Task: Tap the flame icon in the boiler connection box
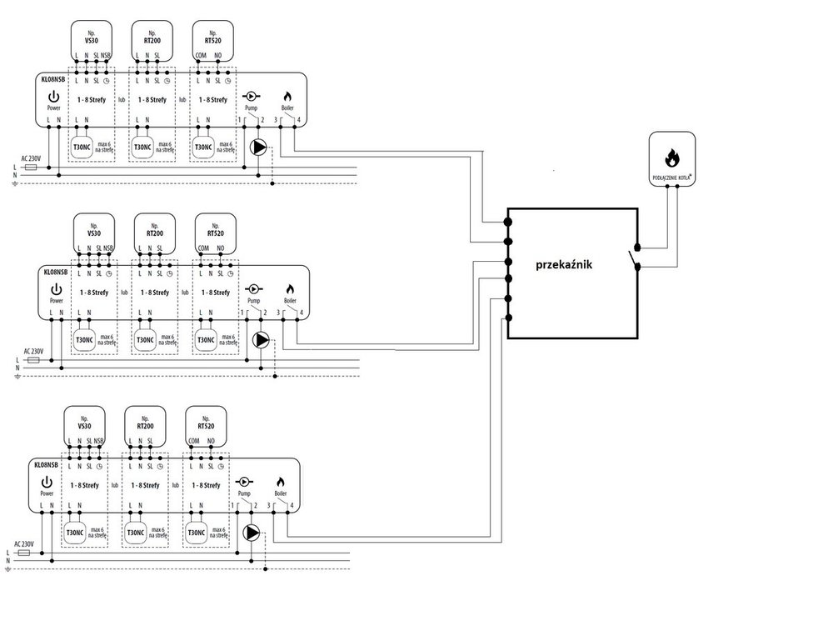(x=671, y=156)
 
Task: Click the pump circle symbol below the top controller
(x=259, y=148)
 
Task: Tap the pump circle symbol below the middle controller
(x=262, y=339)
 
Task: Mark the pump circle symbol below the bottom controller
(x=252, y=533)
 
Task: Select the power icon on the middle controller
(x=57, y=288)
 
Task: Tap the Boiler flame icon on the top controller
(x=288, y=97)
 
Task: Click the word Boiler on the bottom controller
(x=280, y=493)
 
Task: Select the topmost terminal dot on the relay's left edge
(x=508, y=223)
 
